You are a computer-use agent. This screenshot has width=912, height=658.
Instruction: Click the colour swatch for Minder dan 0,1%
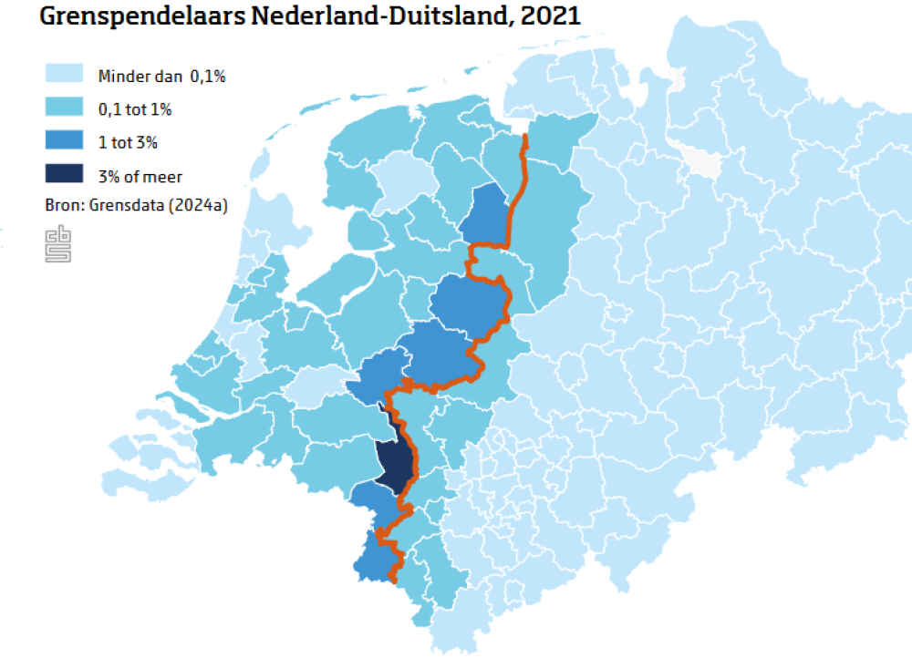pyautogui.click(x=64, y=75)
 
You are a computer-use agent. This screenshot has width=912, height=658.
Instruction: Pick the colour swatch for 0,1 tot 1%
pyautogui.click(x=64, y=108)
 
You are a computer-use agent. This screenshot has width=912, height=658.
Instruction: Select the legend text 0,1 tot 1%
pyautogui.click(x=135, y=109)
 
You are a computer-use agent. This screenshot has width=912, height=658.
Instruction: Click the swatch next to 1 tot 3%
pyautogui.click(x=64, y=141)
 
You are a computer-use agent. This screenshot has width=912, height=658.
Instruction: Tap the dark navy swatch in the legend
pyautogui.click(x=64, y=174)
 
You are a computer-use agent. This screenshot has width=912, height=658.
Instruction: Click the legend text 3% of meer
pyautogui.click(x=140, y=176)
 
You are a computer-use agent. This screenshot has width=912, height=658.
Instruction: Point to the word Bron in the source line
pyautogui.click(x=61, y=206)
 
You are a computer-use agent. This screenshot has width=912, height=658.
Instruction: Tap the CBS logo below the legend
pyautogui.click(x=58, y=245)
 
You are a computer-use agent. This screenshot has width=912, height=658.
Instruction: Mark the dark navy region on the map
pyautogui.click(x=392, y=465)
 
